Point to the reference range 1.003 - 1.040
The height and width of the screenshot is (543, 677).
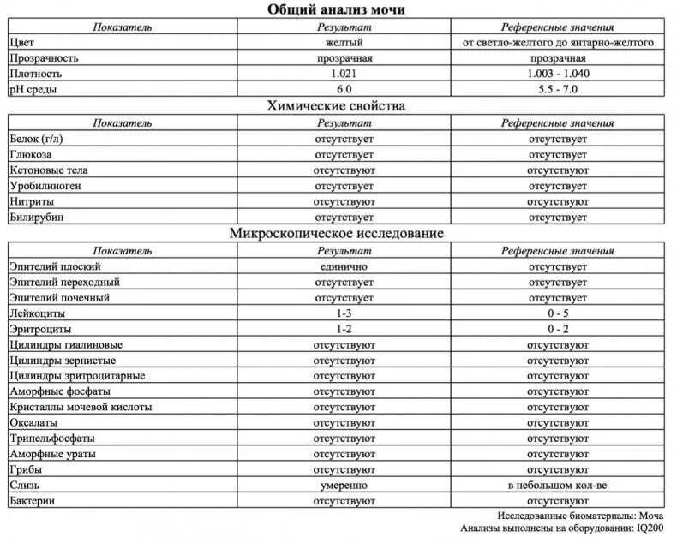tap(558, 73)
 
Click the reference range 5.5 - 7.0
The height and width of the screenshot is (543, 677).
tap(558, 89)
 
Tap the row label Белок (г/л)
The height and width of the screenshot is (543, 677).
tap(39, 139)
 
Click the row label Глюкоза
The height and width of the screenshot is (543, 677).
tap(31, 154)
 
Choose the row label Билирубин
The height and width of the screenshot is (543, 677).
tap(36, 218)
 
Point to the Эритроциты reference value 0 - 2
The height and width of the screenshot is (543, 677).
tap(558, 329)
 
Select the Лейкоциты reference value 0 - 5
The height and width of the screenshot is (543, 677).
tap(558, 313)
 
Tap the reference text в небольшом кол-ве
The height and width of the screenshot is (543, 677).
tap(558, 486)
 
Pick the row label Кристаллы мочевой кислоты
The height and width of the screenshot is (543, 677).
tap(81, 407)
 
